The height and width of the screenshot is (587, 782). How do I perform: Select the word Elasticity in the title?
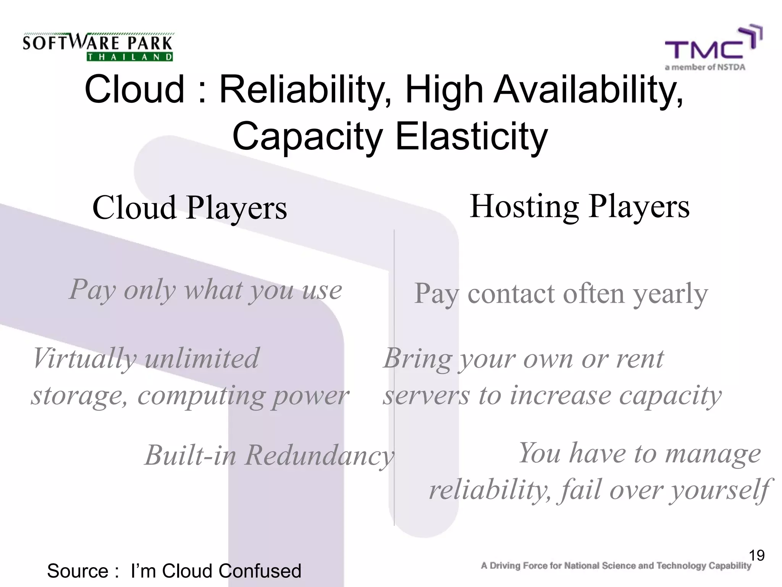coord(471,137)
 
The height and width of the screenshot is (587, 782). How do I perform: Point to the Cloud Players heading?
coord(189,208)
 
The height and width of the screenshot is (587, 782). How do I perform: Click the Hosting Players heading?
coord(579,206)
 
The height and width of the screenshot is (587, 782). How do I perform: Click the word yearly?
coord(671,294)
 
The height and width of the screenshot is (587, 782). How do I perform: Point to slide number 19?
coord(756,555)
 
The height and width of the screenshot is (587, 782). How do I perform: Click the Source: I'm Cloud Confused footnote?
coord(174,571)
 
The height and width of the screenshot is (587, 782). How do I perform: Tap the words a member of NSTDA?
coord(705,68)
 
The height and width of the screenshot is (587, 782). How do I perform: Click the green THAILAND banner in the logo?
coord(129,57)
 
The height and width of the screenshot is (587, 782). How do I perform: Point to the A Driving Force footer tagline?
coord(616,566)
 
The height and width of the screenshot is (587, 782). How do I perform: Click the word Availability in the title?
coord(588,90)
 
